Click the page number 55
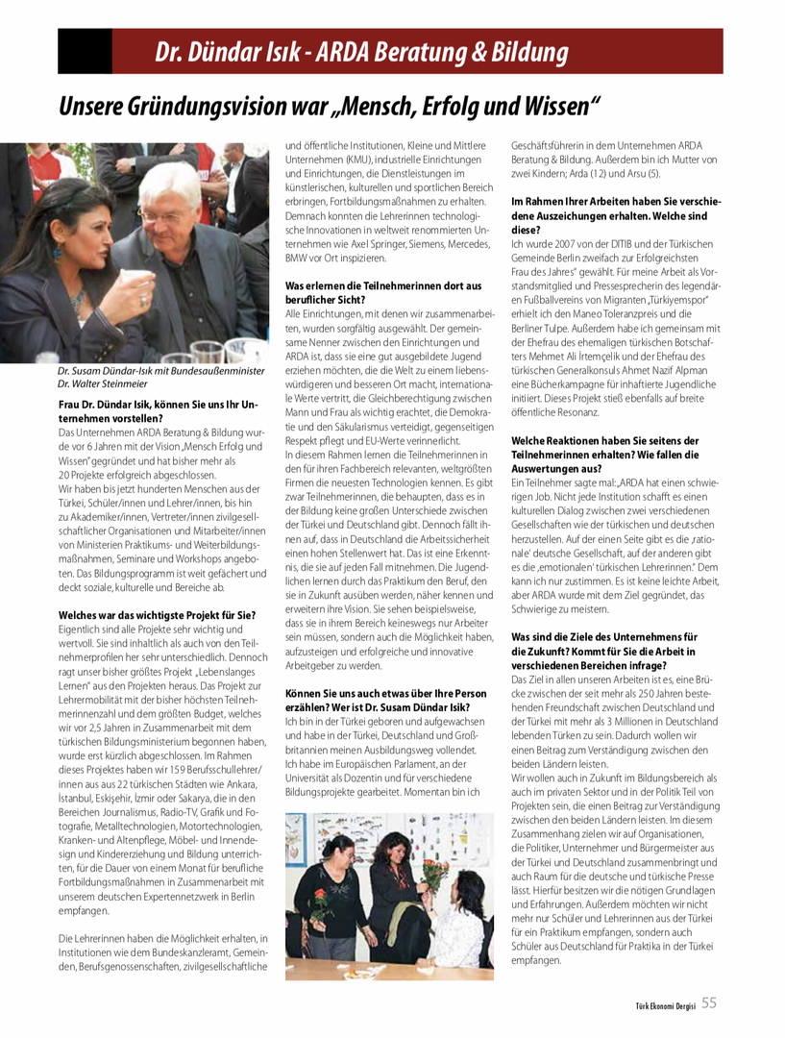(x=708, y=1002)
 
